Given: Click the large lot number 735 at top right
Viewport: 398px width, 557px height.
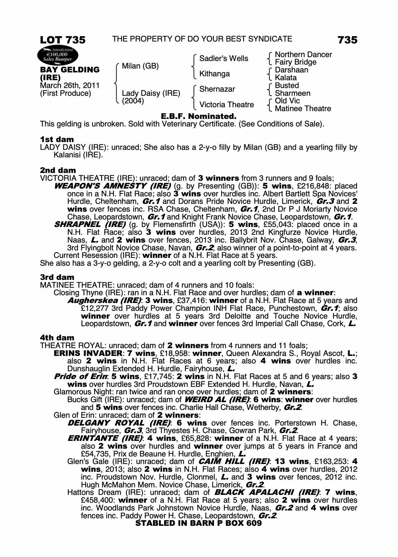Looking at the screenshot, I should (x=347, y=40).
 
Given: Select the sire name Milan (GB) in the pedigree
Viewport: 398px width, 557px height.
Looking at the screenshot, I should (x=140, y=66).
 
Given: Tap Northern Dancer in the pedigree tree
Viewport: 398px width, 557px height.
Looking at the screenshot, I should (x=303, y=55).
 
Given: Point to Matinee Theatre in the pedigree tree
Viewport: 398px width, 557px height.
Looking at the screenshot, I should (x=303, y=109).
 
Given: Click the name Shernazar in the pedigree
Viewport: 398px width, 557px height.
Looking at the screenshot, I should (x=217, y=89).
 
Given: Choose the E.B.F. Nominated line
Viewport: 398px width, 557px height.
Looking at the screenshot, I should (x=199, y=116).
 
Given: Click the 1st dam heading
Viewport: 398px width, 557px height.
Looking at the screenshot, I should (x=57, y=139).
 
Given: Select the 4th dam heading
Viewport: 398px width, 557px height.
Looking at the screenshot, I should (x=57, y=338).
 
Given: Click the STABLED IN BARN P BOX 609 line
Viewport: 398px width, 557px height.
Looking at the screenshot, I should (x=198, y=523).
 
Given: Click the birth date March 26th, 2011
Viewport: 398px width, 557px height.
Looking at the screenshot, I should (x=70, y=85).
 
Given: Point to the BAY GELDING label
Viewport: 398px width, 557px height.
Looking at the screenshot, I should (x=70, y=70).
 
